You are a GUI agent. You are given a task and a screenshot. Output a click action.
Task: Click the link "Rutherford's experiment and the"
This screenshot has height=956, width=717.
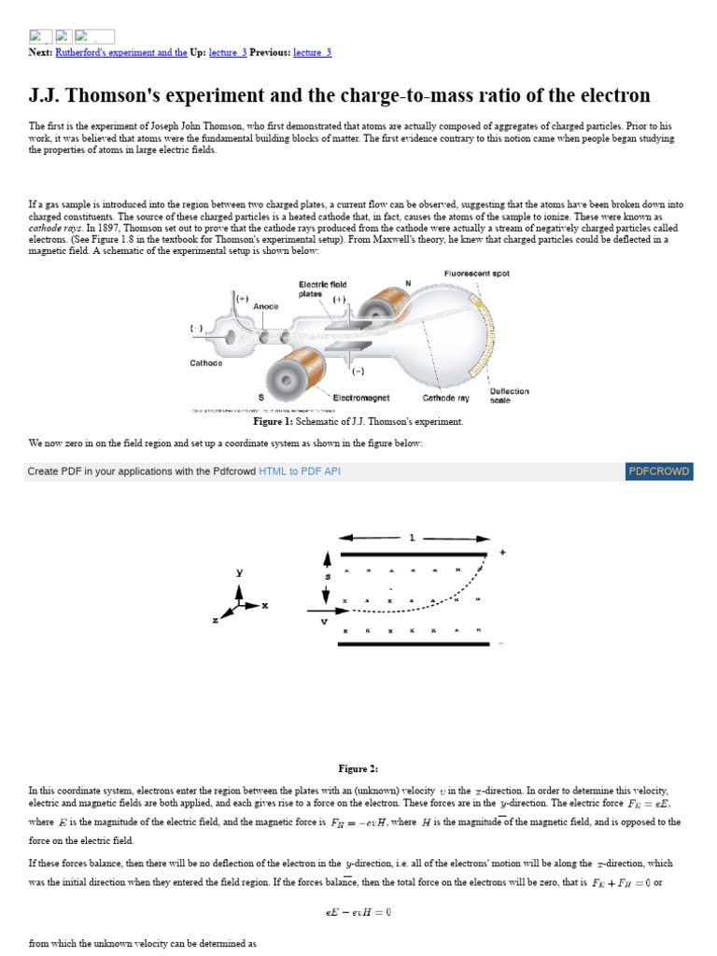(121, 52)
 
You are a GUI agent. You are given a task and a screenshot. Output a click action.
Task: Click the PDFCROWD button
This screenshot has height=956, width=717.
(659, 471)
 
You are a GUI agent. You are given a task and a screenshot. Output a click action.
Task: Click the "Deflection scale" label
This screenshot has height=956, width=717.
(509, 395)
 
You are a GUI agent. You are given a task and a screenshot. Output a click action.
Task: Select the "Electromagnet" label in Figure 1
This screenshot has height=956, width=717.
(361, 397)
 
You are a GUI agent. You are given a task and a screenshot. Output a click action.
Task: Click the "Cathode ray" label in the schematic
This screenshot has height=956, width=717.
(445, 397)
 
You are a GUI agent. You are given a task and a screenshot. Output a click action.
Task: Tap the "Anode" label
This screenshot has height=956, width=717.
(266, 305)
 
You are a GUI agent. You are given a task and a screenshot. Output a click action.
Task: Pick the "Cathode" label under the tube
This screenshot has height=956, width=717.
(206, 362)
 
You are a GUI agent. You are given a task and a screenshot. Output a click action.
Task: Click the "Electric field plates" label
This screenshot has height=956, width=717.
(322, 288)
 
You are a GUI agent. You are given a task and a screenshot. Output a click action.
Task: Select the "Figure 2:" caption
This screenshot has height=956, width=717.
(358, 768)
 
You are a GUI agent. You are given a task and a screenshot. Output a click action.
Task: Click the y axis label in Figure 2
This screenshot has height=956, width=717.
(240, 572)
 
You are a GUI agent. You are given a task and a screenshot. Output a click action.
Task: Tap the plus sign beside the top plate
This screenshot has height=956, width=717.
(503, 553)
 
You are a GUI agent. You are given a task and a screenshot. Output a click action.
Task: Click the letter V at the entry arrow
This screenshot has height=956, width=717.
(324, 621)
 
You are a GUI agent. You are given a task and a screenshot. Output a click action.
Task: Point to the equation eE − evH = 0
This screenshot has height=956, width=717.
(358, 912)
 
